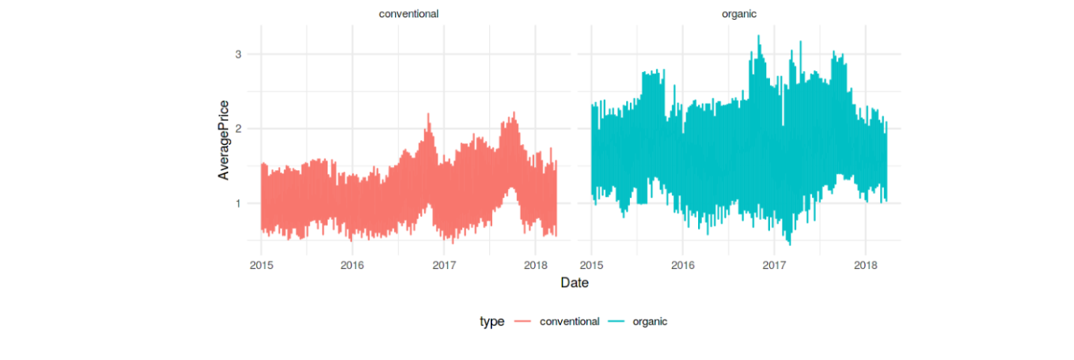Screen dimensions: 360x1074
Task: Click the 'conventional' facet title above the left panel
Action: coord(408,13)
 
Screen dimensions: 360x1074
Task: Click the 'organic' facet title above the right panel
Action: coord(739,13)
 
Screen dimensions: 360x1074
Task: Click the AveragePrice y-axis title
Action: coord(224,140)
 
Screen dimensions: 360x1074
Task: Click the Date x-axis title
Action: coord(574,282)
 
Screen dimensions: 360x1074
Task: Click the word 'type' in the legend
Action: coord(491,322)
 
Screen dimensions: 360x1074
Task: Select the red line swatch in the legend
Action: coord(522,322)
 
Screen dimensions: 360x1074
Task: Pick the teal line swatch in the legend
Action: coord(616,322)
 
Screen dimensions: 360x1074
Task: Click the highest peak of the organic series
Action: coord(758,36)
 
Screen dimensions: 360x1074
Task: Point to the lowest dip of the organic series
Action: coord(789,244)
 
